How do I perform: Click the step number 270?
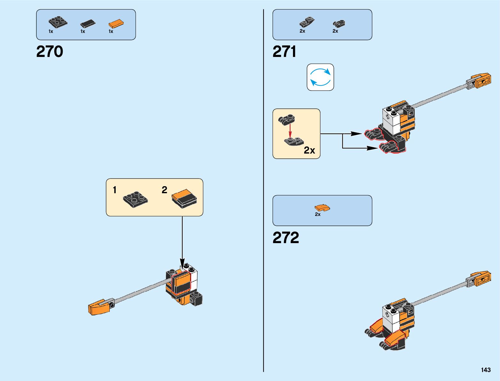(50, 52)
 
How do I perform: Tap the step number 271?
(284, 52)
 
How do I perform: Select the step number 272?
(286, 238)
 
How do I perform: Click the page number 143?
(486, 370)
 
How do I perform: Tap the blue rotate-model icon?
(320, 77)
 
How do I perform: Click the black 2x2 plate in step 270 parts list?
(58, 22)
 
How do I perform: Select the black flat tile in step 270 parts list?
(88, 23)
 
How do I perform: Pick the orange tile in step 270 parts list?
(116, 24)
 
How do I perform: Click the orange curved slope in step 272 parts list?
(322, 208)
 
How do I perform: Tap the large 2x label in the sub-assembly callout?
(309, 150)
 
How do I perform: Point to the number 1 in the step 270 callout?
(114, 190)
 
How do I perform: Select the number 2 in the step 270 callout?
(164, 190)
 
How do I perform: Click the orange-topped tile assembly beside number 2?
(184, 198)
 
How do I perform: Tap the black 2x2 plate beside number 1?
(135, 199)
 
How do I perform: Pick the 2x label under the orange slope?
(318, 214)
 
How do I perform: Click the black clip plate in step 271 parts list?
(339, 23)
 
